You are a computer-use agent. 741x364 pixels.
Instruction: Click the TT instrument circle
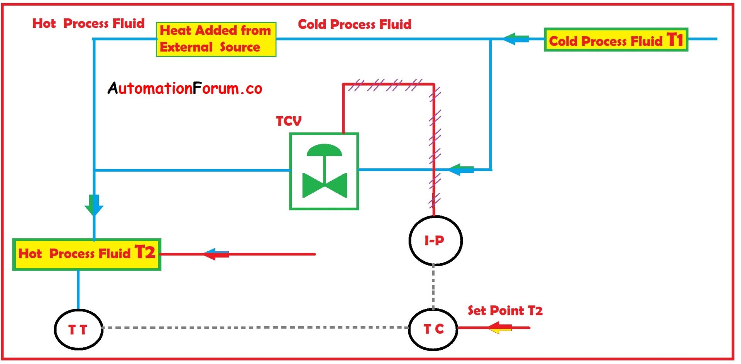click(78, 329)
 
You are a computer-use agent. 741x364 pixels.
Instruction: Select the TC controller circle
click(433, 329)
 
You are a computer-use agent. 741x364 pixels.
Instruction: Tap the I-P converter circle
click(435, 240)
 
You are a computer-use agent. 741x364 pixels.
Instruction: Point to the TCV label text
click(289, 121)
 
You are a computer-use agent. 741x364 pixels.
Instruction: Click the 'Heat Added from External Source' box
click(216, 39)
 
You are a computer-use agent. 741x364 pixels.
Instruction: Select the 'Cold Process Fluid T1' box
click(616, 40)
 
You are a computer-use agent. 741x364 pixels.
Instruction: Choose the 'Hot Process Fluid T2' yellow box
click(87, 254)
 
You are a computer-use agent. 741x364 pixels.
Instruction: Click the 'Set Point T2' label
click(505, 310)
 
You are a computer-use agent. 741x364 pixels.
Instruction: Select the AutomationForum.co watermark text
click(185, 88)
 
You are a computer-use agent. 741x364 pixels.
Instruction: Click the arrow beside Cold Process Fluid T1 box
click(516, 39)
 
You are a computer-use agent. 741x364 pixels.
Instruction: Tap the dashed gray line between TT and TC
click(255, 327)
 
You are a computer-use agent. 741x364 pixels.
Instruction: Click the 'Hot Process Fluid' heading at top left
click(88, 23)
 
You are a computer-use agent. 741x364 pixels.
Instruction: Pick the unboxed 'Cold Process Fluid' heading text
click(354, 24)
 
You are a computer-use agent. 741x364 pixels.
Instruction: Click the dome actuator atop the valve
click(324, 150)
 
